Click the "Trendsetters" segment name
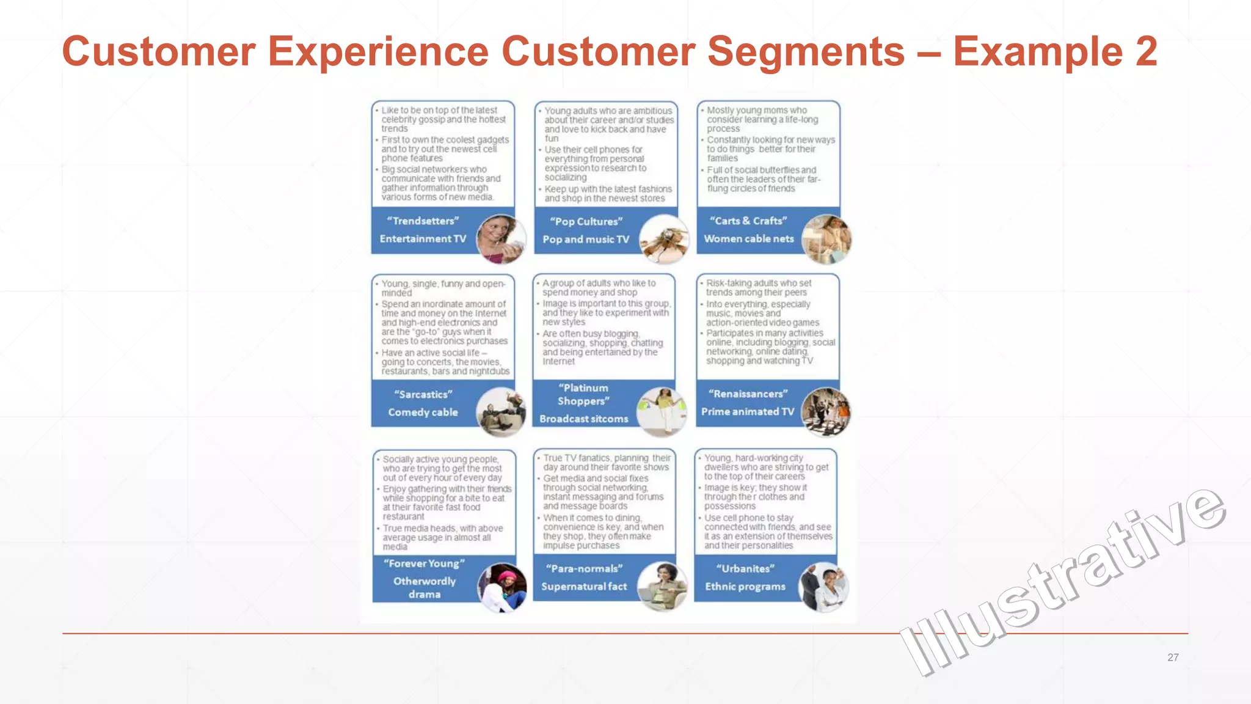(423, 221)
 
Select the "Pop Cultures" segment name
(586, 221)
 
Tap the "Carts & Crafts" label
(748, 221)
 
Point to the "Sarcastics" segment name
(423, 394)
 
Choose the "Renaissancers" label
(748, 394)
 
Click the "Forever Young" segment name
(424, 563)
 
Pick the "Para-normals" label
(584, 568)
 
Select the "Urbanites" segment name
(745, 568)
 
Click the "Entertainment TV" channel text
(423, 238)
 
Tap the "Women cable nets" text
(748, 238)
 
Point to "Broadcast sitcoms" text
(583, 419)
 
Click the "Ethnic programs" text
(745, 586)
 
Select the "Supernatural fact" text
(584, 586)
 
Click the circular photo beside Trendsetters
(501, 238)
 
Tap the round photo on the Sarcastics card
(501, 412)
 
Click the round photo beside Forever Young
(502, 587)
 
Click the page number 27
(1173, 658)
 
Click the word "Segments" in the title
(806, 51)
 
